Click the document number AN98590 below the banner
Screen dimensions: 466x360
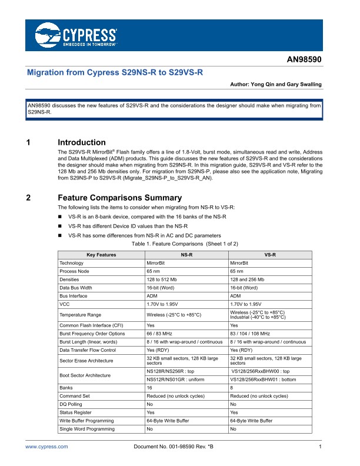[304, 60]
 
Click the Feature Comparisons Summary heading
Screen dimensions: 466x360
[119, 198]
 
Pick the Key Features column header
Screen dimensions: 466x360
[101, 255]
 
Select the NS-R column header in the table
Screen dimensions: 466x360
[186, 255]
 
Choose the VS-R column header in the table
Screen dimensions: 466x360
[271, 255]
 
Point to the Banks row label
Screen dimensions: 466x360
[66, 388]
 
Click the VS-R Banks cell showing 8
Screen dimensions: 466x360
[232, 388]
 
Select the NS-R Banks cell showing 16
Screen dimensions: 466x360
[149, 388]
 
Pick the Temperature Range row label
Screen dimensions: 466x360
[80, 315]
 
